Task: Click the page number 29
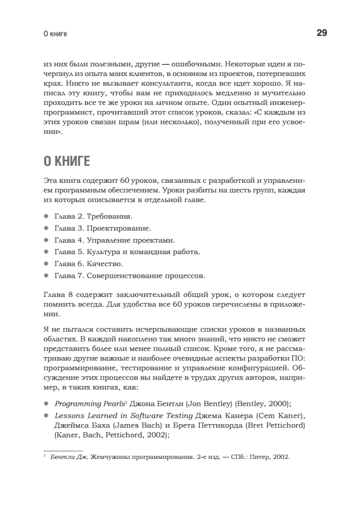tap(321, 33)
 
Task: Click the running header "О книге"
tap(55, 34)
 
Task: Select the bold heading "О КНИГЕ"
tap(67, 162)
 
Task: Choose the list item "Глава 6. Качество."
tap(89, 264)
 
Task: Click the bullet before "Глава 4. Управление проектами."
tap(46, 240)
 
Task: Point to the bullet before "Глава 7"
tap(46, 276)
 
